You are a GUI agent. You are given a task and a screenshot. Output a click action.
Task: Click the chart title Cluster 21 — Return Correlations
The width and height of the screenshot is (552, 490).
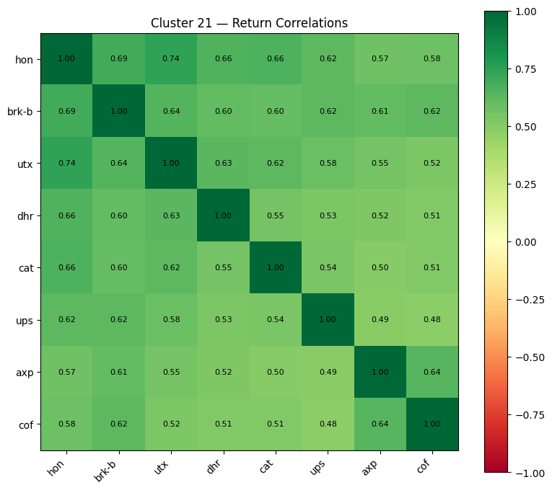coord(249,23)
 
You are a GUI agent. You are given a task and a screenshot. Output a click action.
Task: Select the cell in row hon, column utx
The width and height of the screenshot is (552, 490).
coord(170,59)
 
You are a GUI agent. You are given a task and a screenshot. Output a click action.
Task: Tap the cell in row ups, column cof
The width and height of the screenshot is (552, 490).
coord(431,320)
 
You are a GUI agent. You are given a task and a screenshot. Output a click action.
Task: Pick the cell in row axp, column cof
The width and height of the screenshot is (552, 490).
coord(431,372)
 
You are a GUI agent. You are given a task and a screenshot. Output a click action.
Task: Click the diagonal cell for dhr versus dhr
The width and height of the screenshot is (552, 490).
coord(222,215)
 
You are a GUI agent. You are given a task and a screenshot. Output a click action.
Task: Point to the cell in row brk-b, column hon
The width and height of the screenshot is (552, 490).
coord(66,111)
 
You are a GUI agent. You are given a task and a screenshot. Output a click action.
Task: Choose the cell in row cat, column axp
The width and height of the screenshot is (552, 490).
coord(380,267)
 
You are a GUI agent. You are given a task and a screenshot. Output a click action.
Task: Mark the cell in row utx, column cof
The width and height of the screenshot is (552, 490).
coord(431,164)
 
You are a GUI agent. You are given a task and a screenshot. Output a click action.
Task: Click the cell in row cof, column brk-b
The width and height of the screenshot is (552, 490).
coord(118,424)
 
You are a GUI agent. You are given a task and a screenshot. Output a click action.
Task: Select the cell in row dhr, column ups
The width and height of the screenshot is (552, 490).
coord(327,215)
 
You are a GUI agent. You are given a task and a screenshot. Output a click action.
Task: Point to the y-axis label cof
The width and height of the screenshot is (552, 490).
coord(26,424)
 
